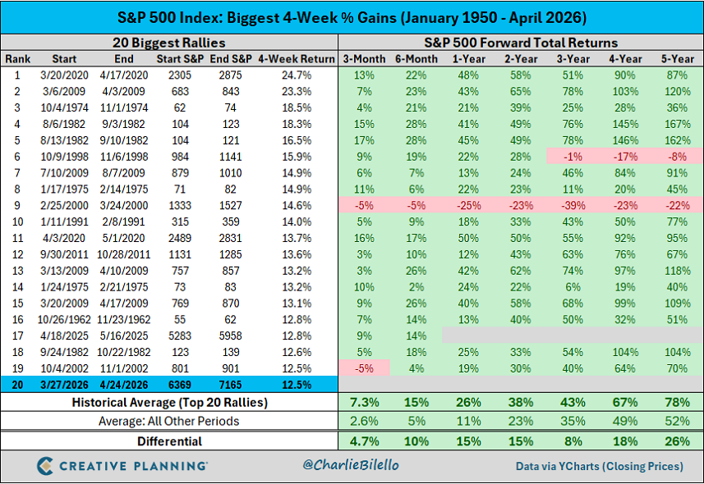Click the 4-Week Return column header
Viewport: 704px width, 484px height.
point(297,59)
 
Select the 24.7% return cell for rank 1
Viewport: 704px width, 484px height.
point(297,75)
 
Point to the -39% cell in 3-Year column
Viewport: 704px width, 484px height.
point(573,205)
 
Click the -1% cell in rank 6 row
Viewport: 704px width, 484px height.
point(573,157)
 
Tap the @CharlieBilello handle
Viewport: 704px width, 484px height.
point(350,466)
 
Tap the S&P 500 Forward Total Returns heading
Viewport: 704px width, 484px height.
point(520,43)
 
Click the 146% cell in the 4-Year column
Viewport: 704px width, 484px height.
point(624,140)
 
